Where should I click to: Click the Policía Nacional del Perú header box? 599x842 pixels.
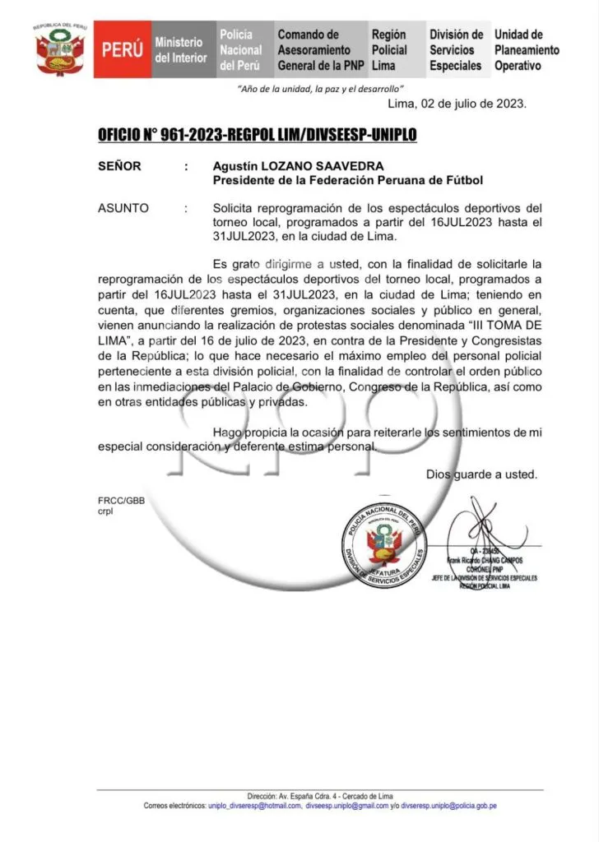tap(241, 49)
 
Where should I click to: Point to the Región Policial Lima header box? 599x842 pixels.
tap(390, 49)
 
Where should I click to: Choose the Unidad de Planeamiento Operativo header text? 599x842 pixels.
tap(527, 49)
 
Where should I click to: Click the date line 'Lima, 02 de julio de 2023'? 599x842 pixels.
tap(457, 104)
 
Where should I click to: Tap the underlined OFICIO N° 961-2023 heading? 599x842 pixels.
tap(257, 133)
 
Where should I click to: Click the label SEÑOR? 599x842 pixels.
tap(119, 166)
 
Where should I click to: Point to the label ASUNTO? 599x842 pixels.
tap(123, 209)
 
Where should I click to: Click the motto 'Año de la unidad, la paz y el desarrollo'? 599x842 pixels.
tap(320, 89)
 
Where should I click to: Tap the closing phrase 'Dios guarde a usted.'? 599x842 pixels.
tap(481, 474)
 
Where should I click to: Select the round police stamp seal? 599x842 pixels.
tap(384, 545)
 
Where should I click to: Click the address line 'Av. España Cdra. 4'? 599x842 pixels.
tap(321, 796)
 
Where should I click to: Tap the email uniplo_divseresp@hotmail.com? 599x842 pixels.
tap(254, 806)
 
